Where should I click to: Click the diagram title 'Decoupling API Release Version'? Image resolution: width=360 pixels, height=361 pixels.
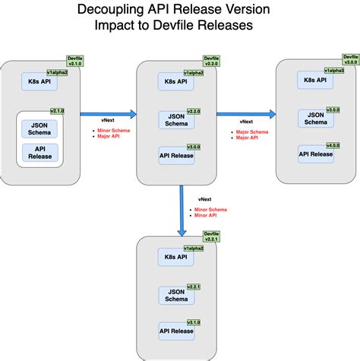coord(179,11)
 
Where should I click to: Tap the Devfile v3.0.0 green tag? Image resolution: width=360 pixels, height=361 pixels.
coord(351,60)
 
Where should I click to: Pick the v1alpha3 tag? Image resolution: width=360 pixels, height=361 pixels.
coord(336,71)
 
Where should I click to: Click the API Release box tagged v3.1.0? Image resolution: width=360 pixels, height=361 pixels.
coord(175,329)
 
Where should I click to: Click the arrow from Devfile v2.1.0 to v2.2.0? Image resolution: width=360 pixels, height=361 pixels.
coord(108,114)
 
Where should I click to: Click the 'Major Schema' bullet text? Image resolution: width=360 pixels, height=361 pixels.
coord(251,132)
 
